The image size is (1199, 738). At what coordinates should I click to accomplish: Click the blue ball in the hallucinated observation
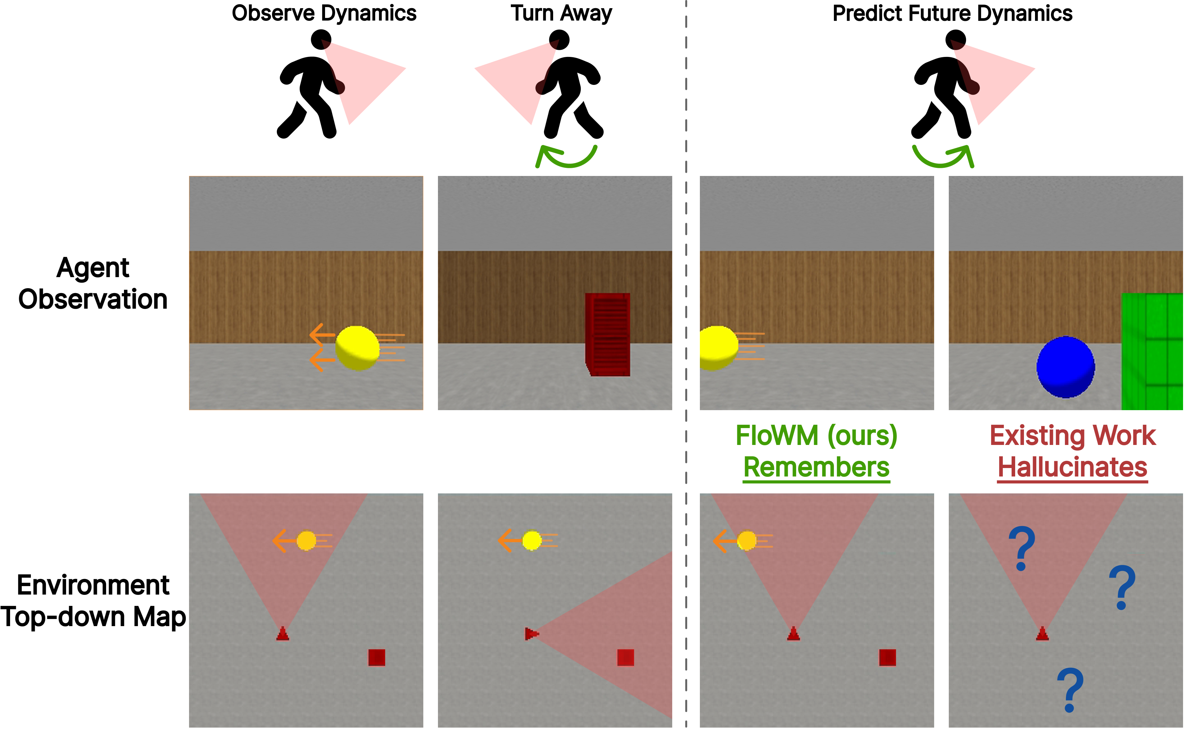point(1065,367)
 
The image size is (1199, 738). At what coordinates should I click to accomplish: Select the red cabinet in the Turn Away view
point(608,334)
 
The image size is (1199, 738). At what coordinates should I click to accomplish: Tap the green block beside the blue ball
point(1152,351)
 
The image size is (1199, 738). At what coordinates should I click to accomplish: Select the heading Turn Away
point(561,13)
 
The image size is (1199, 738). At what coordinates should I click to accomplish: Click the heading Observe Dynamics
point(324,13)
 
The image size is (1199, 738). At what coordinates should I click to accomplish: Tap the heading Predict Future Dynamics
point(952,13)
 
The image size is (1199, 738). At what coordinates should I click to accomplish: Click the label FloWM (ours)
point(816,436)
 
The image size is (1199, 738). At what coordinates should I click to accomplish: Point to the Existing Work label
point(1072,436)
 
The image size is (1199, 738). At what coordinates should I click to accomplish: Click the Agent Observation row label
point(93,283)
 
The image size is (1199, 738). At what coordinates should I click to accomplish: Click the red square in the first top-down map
point(376,657)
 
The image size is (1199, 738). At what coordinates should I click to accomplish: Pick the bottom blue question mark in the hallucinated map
point(1070,689)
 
